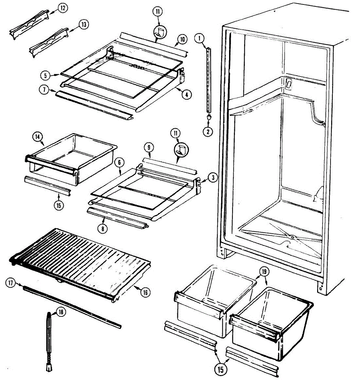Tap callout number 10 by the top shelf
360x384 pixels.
tap(182, 40)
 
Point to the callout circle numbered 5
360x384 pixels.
tap(45, 76)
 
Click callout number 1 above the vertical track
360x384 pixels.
tap(199, 39)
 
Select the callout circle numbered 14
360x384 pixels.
tap(37, 137)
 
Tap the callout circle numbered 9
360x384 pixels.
tap(148, 148)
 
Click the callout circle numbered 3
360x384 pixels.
tap(212, 177)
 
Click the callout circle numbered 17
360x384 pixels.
tap(11, 283)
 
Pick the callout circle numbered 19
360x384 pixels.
tap(265, 272)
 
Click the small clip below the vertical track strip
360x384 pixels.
tap(209, 118)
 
